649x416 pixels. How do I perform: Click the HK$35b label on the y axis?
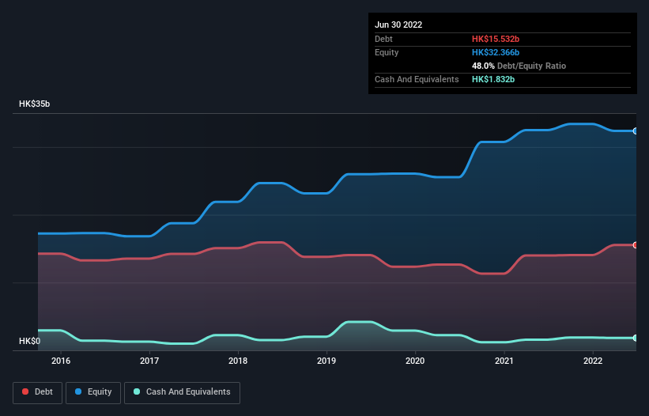(x=36, y=104)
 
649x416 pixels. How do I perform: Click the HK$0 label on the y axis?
(x=31, y=342)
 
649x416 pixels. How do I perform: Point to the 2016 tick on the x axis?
(x=61, y=361)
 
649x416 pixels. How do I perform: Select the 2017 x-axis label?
(x=149, y=361)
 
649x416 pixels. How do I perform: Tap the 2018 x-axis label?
(x=238, y=361)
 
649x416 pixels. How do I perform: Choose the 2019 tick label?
(x=326, y=361)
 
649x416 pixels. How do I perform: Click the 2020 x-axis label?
(x=415, y=361)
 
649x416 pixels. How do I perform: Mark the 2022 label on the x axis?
(x=593, y=361)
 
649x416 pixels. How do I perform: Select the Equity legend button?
(x=93, y=392)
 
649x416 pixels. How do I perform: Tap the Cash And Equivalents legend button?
(x=182, y=392)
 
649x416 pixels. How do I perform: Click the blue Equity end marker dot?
(x=635, y=131)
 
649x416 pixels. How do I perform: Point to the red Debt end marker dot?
(x=635, y=245)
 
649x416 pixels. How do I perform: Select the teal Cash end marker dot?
(x=635, y=338)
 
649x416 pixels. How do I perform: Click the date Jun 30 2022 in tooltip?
(x=398, y=25)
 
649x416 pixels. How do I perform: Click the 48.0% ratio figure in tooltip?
(x=484, y=66)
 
